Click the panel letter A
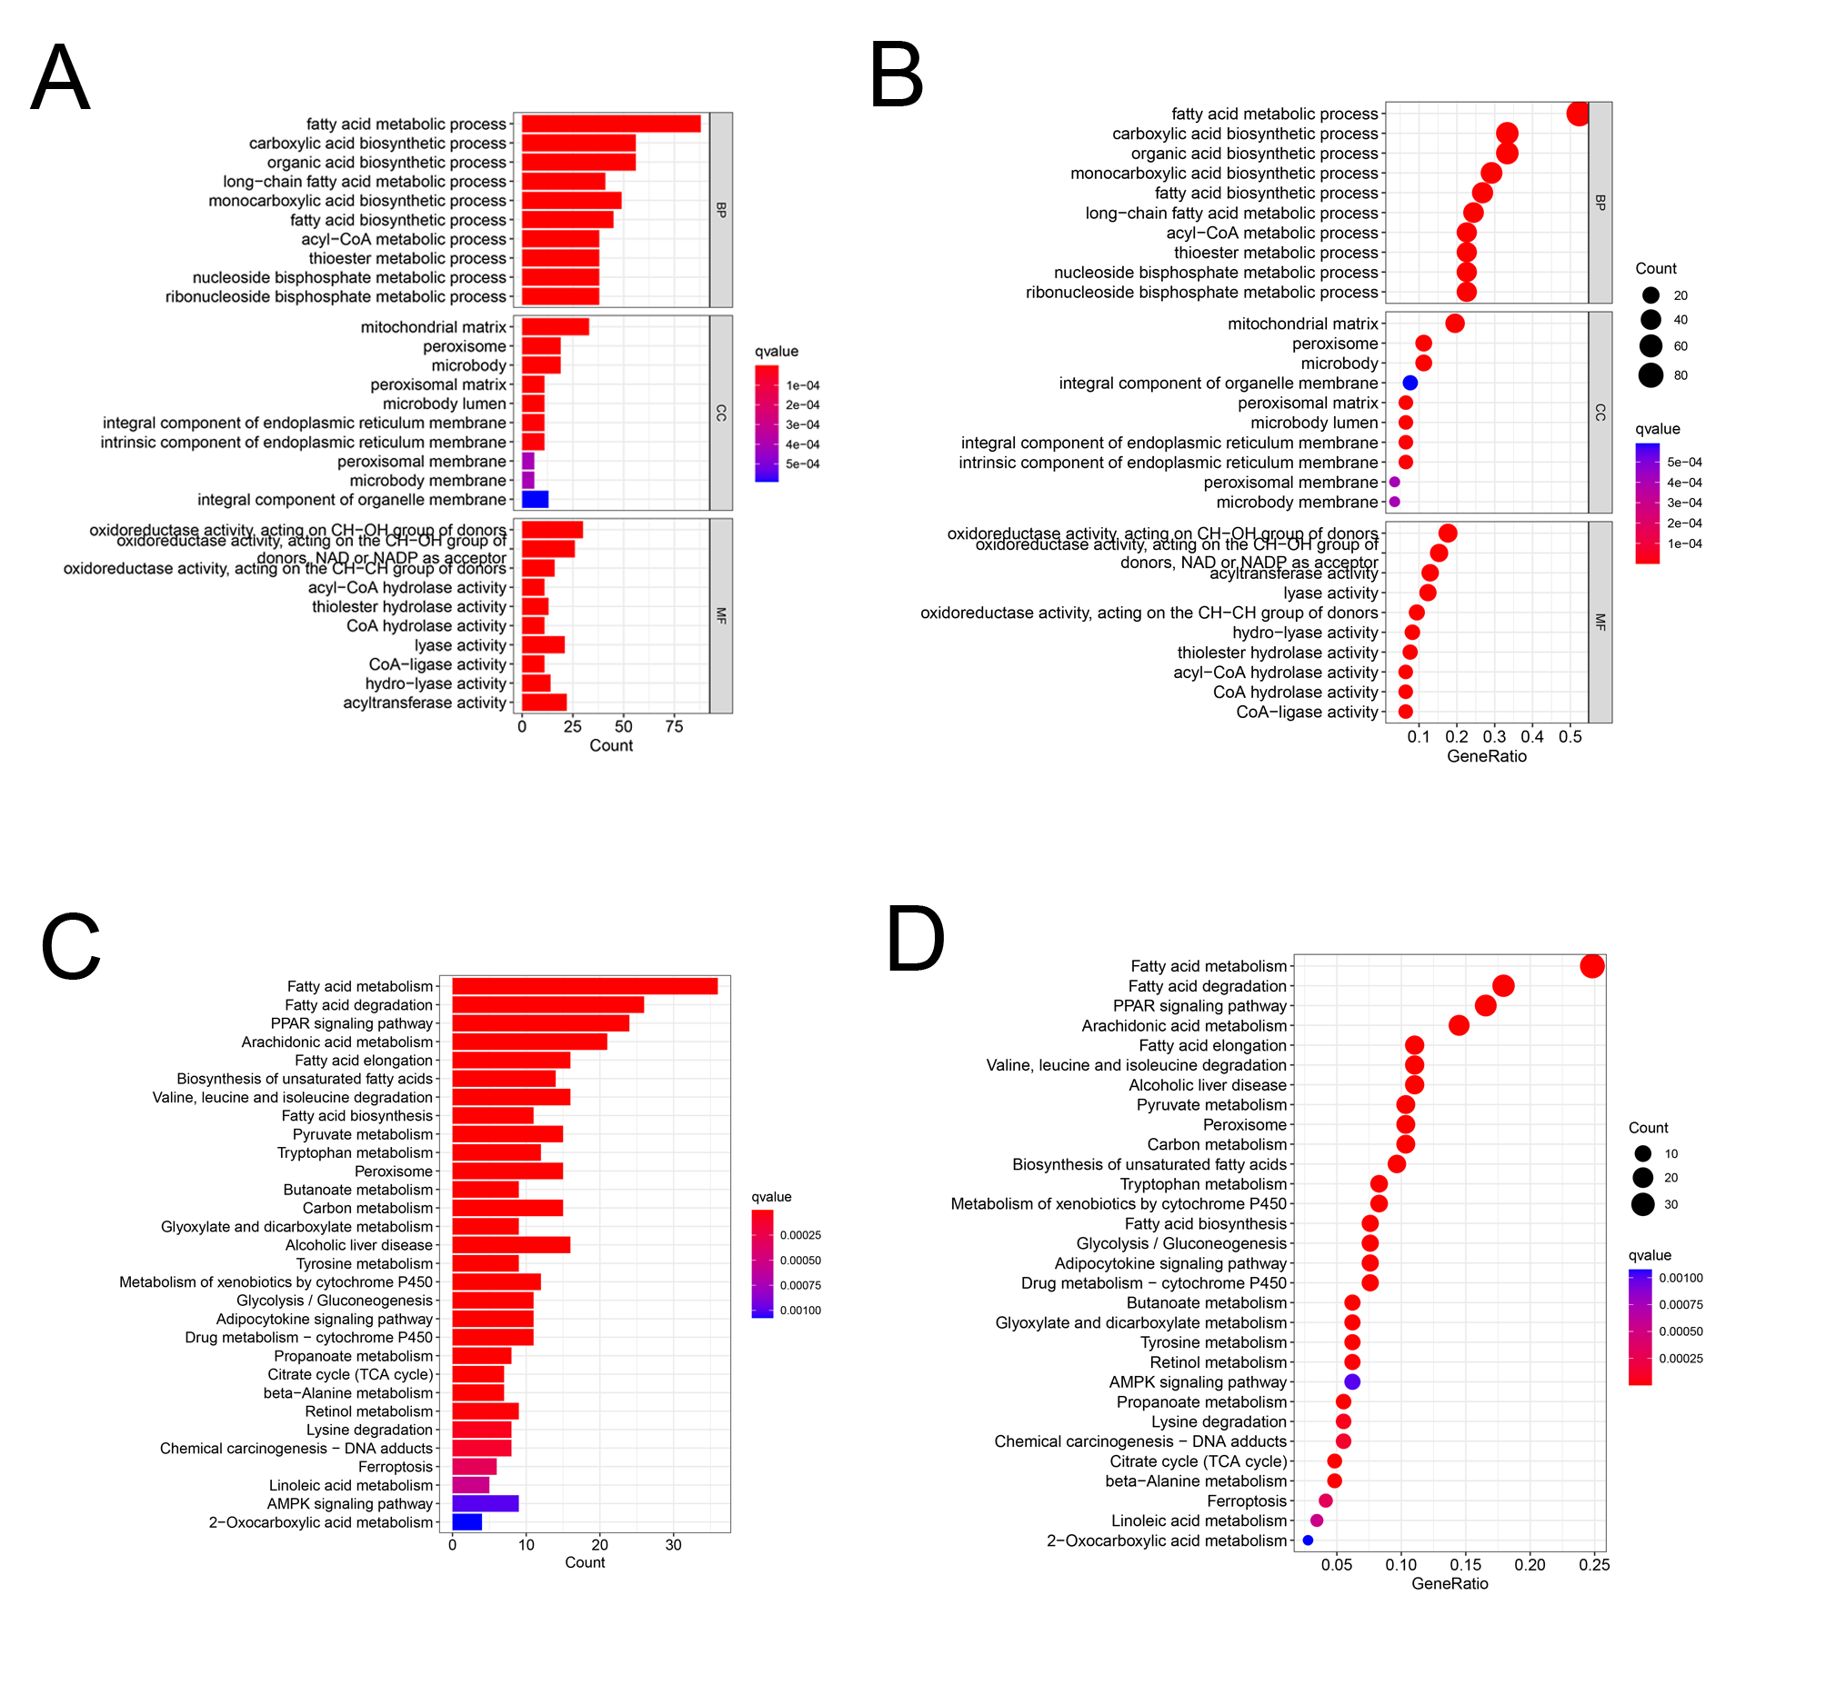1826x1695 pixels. [x=61, y=79]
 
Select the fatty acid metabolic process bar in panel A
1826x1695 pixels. [x=610, y=124]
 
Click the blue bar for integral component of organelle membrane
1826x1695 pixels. [x=534, y=500]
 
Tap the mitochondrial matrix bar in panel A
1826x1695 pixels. [x=554, y=327]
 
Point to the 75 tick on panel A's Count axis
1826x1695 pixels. [x=674, y=726]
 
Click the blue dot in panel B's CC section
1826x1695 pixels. [x=1410, y=383]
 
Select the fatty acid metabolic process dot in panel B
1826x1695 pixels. [x=1578, y=114]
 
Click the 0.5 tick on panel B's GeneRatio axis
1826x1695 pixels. [x=1570, y=736]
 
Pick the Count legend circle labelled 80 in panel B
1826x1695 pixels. [x=1650, y=375]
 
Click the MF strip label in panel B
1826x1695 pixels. [x=1600, y=622]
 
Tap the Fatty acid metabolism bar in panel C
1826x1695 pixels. [x=585, y=986]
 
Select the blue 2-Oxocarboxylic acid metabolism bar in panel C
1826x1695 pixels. [x=467, y=1522]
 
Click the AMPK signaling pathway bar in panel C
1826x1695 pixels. [x=485, y=1503]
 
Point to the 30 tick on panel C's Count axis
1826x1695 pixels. [x=674, y=1544]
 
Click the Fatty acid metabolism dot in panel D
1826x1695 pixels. [x=1592, y=966]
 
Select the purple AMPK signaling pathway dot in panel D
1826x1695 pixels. [x=1351, y=1381]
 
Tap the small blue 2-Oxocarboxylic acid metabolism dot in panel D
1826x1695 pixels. [x=1308, y=1540]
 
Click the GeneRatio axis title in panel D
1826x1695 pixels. [x=1450, y=1583]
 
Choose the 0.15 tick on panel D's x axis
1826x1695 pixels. [x=1465, y=1565]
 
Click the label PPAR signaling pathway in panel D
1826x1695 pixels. [x=1199, y=1006]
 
